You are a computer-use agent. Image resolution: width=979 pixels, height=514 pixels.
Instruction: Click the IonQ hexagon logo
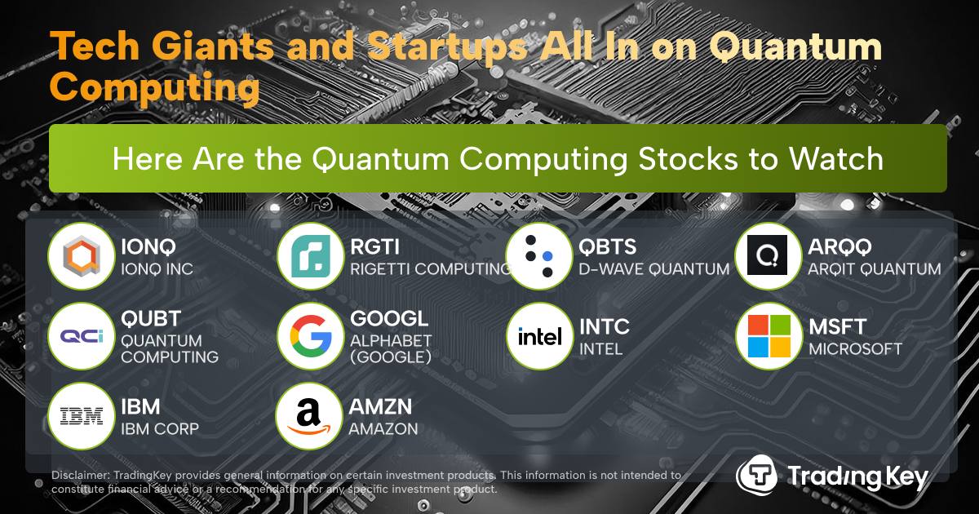pos(82,255)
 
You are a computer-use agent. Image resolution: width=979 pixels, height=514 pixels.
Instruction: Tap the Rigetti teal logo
pos(311,256)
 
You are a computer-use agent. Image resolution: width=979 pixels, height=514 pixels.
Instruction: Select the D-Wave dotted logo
pos(540,256)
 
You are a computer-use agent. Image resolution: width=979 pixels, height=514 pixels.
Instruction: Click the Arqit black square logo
pos(767,255)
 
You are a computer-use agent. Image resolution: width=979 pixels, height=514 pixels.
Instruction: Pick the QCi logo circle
pos(82,336)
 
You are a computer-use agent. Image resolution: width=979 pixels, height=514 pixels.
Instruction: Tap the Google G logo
pos(311,336)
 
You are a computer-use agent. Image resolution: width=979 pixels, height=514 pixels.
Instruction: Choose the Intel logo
pos(540,336)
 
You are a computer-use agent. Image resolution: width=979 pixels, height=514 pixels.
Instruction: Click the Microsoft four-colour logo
pos(769,336)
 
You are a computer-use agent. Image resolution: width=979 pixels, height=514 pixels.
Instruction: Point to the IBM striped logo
pos(82,416)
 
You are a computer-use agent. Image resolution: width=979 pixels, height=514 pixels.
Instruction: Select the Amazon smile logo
pos(309,417)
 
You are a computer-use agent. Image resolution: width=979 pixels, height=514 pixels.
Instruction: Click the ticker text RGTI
pos(374,247)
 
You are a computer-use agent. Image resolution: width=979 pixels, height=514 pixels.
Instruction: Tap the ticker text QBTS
pos(607,247)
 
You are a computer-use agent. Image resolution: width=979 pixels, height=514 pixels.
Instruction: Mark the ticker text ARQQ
pos(839,247)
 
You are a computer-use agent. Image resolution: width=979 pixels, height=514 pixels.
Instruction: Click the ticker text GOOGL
pos(389,319)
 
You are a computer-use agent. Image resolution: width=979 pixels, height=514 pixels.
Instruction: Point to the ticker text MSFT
pos(837,327)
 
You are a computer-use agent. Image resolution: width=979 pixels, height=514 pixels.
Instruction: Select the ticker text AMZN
pos(380,407)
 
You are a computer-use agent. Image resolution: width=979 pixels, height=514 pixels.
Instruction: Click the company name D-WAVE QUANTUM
pos(654,269)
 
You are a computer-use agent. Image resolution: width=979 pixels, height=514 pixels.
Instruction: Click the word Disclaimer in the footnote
pos(81,475)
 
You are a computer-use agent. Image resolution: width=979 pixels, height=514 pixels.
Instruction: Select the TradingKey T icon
pos(756,475)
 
